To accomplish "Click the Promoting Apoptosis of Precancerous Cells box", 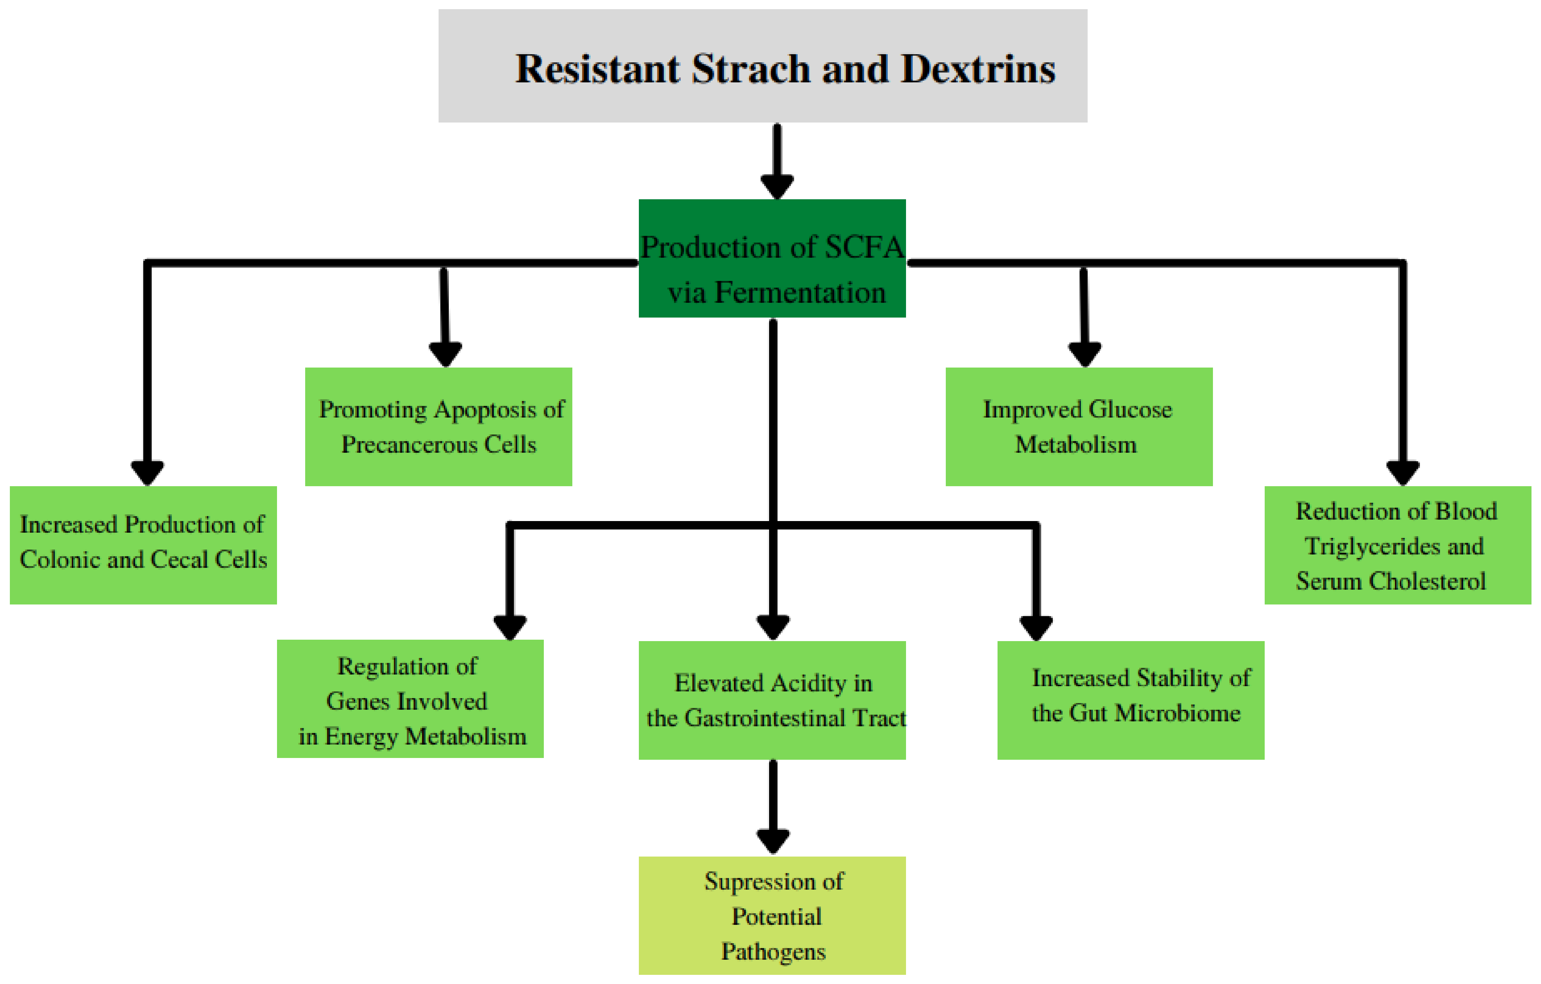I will tap(438, 426).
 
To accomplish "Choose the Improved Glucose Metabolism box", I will tap(1079, 426).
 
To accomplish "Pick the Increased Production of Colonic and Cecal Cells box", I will tap(143, 545).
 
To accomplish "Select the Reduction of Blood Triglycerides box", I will tap(1398, 545).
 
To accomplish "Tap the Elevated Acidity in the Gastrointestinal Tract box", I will tap(772, 700).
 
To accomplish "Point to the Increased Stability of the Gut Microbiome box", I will tap(1131, 700).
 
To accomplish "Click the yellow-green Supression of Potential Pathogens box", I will tap(772, 915).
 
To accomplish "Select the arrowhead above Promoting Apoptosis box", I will tap(445, 353).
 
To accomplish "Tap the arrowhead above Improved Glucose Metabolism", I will tap(1085, 353).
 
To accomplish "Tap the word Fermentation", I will tap(800, 293).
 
